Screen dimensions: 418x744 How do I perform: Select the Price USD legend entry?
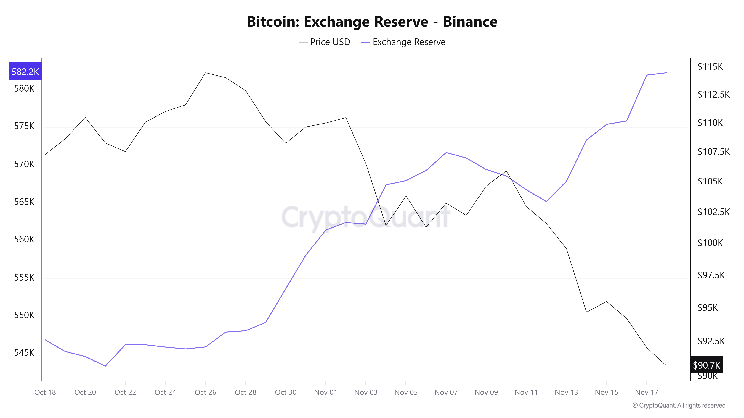324,42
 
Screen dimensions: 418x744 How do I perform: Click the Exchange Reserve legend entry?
403,42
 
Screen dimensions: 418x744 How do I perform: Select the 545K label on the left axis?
24,353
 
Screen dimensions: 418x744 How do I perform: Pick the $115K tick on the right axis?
710,67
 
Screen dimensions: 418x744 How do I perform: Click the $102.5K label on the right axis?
713,212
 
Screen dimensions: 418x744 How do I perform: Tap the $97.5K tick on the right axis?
711,275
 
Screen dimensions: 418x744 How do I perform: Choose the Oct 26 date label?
205,392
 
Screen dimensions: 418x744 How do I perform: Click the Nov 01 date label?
325,392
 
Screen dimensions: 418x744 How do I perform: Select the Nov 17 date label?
646,392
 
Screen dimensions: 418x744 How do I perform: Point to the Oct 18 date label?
45,392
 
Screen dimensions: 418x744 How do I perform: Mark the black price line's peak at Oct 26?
205,73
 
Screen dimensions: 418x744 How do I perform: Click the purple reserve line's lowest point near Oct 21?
105,366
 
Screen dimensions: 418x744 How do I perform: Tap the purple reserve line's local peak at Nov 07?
446,152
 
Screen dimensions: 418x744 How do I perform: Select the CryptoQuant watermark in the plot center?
365,216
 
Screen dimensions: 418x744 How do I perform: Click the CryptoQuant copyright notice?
679,405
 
